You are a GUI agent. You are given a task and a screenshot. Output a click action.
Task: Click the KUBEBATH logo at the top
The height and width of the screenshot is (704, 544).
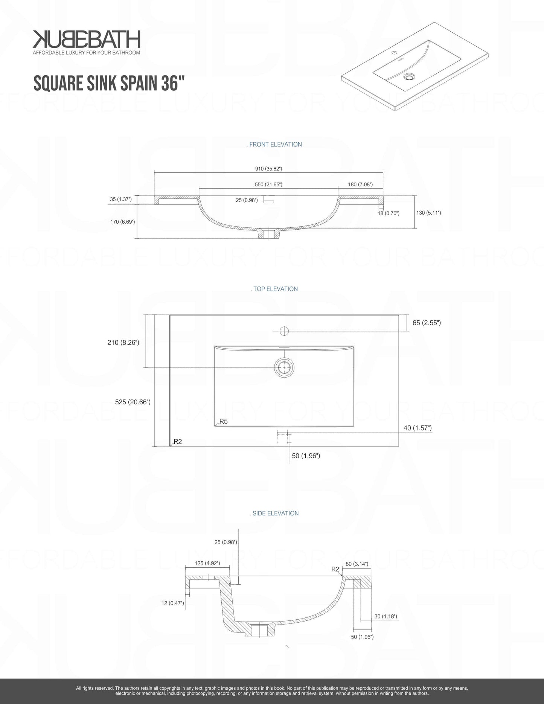[86, 40]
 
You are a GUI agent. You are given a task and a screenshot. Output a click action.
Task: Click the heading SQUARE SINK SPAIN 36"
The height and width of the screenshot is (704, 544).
[109, 83]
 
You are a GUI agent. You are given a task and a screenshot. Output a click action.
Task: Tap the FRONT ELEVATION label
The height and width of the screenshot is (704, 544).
[275, 144]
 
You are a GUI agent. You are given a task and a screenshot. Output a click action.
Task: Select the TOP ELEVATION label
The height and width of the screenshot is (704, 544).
[275, 289]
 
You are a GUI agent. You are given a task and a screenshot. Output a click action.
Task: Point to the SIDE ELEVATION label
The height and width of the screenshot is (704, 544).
[275, 513]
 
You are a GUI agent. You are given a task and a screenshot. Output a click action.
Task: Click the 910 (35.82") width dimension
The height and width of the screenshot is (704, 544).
[268, 169]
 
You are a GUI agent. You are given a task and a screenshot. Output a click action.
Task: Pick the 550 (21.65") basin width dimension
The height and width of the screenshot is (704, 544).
[268, 184]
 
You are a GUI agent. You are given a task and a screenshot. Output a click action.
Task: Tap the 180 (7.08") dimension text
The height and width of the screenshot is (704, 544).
[360, 184]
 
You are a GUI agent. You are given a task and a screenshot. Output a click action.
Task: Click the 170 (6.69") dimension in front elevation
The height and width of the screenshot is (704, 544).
[123, 222]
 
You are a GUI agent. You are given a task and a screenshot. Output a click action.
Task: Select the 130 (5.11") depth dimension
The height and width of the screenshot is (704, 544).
[428, 213]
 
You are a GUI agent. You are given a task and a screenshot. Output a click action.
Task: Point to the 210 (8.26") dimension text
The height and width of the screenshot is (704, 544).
[123, 342]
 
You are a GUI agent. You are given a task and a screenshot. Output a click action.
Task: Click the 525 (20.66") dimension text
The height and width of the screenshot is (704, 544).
[133, 402]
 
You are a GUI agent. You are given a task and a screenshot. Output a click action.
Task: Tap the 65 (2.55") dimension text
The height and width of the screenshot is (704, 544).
[427, 323]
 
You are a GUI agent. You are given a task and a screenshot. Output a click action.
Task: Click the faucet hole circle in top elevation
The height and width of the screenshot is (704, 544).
[284, 331]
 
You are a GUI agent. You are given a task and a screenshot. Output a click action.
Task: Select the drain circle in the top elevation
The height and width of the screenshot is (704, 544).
[284, 367]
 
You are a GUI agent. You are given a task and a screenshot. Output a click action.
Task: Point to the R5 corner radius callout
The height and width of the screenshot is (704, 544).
[223, 421]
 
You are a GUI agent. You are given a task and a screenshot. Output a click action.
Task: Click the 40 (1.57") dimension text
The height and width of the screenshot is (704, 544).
[418, 428]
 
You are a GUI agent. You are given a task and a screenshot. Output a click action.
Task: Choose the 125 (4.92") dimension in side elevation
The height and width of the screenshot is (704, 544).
[207, 563]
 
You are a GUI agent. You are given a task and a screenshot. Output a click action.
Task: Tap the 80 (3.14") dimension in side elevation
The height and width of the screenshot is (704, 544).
[357, 564]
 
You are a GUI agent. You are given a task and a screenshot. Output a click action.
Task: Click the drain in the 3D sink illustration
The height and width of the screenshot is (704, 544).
[408, 77]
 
